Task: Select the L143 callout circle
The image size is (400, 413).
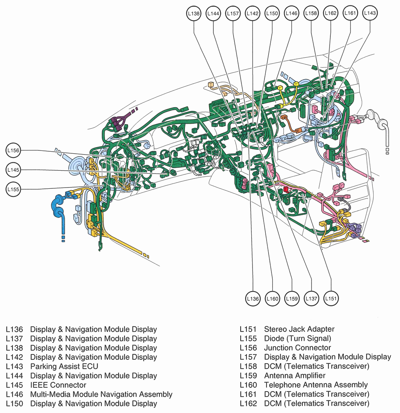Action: click(x=370, y=14)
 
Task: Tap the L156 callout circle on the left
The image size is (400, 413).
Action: click(x=13, y=151)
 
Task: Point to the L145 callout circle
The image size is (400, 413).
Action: click(x=13, y=170)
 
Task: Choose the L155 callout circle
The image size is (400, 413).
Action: click(x=13, y=189)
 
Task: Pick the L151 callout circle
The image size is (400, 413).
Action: click(x=331, y=298)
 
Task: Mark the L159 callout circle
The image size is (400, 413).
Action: click(x=292, y=298)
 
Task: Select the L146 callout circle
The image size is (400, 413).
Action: click(x=291, y=14)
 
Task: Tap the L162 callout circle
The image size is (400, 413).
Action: click(x=330, y=14)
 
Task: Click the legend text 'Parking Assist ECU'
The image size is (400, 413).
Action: click(x=64, y=366)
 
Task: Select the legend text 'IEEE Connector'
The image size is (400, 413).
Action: click(x=58, y=385)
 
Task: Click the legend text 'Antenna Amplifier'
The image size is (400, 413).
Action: click(x=295, y=375)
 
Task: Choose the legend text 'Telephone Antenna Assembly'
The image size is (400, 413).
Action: click(x=316, y=385)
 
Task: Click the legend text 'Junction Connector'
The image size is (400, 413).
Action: click(x=297, y=348)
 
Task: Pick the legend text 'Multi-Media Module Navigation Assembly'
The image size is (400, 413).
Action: click(x=101, y=394)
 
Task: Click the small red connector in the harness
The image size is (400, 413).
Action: click(x=285, y=189)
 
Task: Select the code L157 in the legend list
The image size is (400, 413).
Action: click(x=248, y=357)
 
